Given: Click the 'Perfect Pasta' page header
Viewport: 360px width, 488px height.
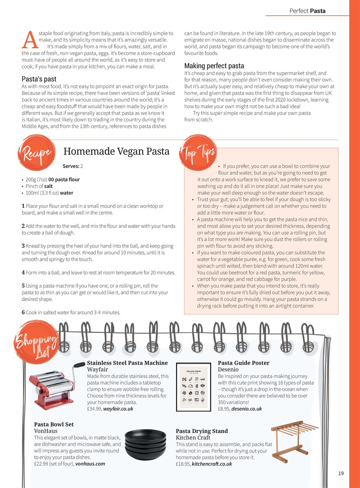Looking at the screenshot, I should click(x=307, y=11).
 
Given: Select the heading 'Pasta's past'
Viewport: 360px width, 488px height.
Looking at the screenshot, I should click(x=39, y=79).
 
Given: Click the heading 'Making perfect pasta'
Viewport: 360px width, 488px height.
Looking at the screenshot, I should click(x=214, y=66).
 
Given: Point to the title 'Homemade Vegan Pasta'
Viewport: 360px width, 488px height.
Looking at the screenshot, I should click(x=116, y=151).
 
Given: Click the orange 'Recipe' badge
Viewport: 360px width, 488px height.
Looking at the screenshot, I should click(x=34, y=153).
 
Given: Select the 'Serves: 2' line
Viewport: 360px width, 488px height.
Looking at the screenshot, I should click(x=72, y=166).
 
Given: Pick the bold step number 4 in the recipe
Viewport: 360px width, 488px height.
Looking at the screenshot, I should click(x=23, y=273).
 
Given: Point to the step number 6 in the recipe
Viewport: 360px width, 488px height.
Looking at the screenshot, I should click(x=23, y=313).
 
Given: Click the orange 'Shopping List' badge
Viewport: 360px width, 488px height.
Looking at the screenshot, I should click(x=36, y=344).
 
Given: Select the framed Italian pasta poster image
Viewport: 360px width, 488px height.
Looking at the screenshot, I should click(x=193, y=387).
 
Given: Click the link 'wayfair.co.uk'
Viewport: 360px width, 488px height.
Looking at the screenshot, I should click(x=118, y=409).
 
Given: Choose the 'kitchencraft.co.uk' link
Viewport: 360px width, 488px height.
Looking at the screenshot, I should click(x=212, y=464).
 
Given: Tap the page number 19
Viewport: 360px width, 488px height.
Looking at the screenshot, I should click(x=341, y=473).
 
